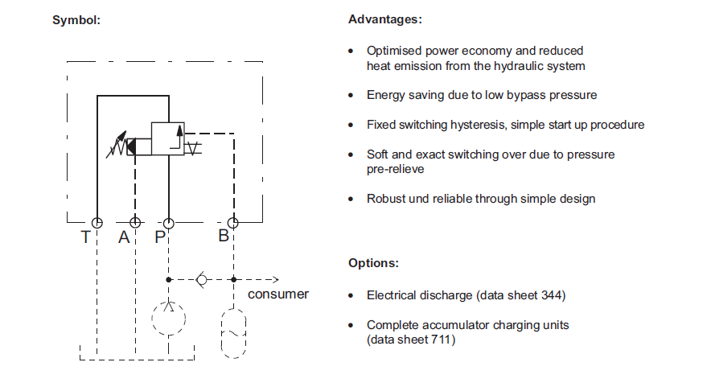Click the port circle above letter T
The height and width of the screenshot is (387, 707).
97,222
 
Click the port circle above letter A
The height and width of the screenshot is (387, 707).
135,222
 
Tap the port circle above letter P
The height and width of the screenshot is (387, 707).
168,222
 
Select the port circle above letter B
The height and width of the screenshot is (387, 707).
232,222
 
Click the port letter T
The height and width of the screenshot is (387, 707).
84,237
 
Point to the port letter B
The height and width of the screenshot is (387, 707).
223,237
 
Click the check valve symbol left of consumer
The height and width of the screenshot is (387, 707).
201,279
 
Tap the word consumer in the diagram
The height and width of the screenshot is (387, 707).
277,294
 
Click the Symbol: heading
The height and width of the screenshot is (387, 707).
76,19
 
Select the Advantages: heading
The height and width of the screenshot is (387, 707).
384,19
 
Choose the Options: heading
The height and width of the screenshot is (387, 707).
373,263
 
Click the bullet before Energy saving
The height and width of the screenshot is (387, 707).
351,95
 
